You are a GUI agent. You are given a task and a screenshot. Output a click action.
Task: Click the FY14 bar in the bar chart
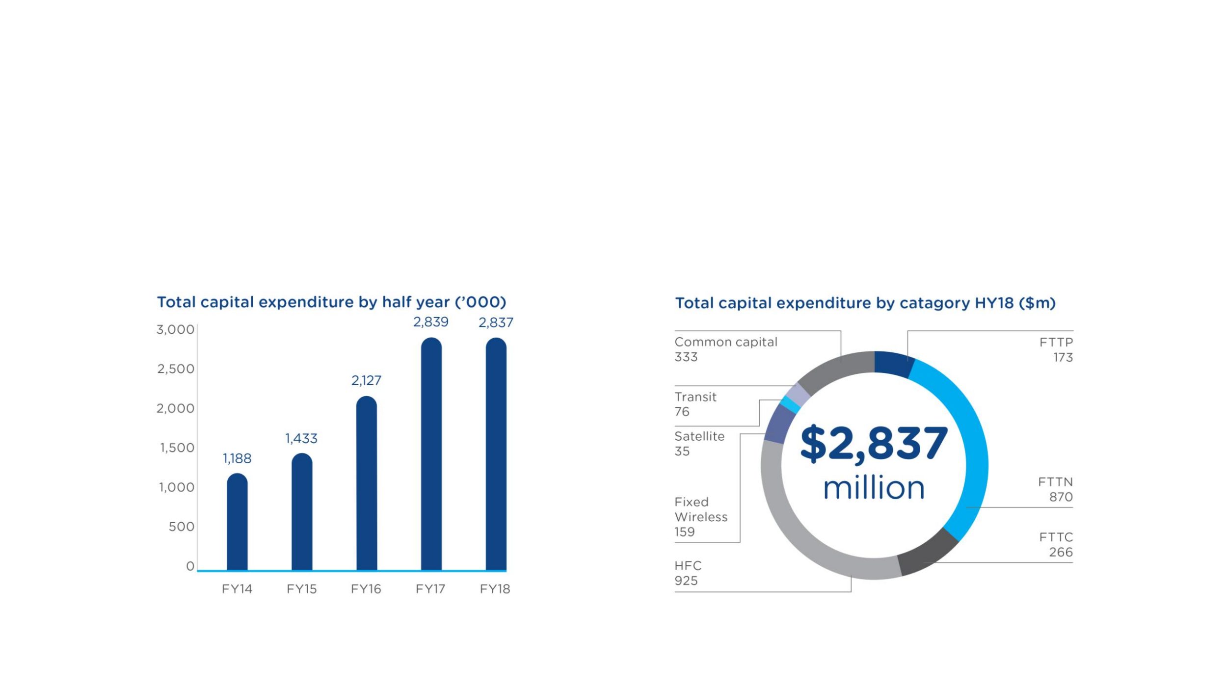click(x=237, y=523)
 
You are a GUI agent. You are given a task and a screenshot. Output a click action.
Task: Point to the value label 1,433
click(x=301, y=438)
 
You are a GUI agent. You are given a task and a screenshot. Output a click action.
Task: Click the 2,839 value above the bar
click(x=430, y=322)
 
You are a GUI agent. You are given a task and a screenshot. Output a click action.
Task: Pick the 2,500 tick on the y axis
click(x=176, y=369)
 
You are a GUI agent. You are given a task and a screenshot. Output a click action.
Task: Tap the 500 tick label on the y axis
click(x=182, y=527)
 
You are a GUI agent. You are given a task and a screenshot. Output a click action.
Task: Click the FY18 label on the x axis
click(x=495, y=589)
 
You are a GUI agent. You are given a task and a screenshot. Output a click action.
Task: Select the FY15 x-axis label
click(x=301, y=589)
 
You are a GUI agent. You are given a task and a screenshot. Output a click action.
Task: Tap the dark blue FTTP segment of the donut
click(x=893, y=364)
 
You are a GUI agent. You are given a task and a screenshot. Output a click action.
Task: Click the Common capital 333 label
click(x=725, y=349)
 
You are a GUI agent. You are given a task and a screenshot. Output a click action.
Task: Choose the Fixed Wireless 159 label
click(x=700, y=517)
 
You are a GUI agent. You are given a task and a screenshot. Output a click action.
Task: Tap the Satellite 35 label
click(x=699, y=443)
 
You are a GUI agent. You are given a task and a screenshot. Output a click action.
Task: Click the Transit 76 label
click(x=695, y=404)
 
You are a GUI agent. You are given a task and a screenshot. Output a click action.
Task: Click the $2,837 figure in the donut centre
click(x=874, y=443)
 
